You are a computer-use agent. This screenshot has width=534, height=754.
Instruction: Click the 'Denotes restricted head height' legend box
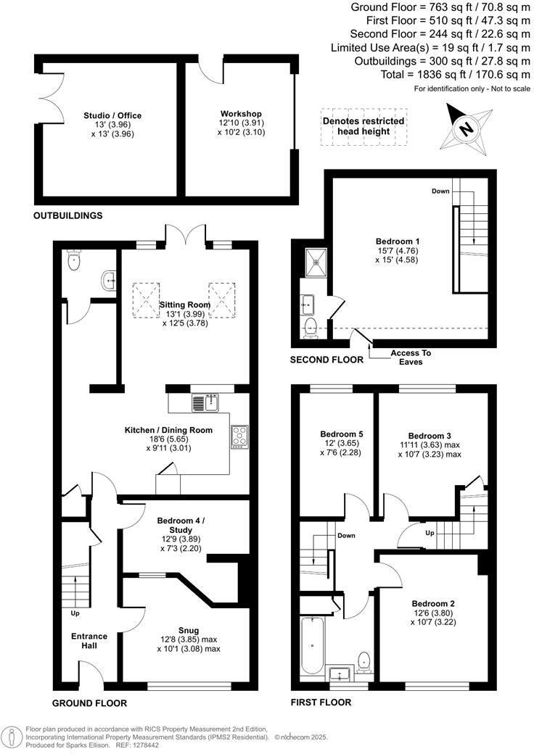click(363, 126)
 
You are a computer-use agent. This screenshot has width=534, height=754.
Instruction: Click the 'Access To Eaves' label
click(411, 357)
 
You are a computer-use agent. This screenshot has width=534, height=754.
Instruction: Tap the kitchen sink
click(205, 402)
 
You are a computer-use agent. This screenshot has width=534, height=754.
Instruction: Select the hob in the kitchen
click(239, 435)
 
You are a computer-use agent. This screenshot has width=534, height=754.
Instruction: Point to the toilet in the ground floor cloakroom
click(73, 261)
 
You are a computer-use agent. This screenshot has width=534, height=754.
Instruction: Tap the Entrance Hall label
click(89, 640)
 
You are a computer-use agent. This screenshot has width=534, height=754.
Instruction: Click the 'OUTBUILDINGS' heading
click(67, 215)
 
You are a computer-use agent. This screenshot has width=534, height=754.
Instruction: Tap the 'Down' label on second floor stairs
click(440, 191)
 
